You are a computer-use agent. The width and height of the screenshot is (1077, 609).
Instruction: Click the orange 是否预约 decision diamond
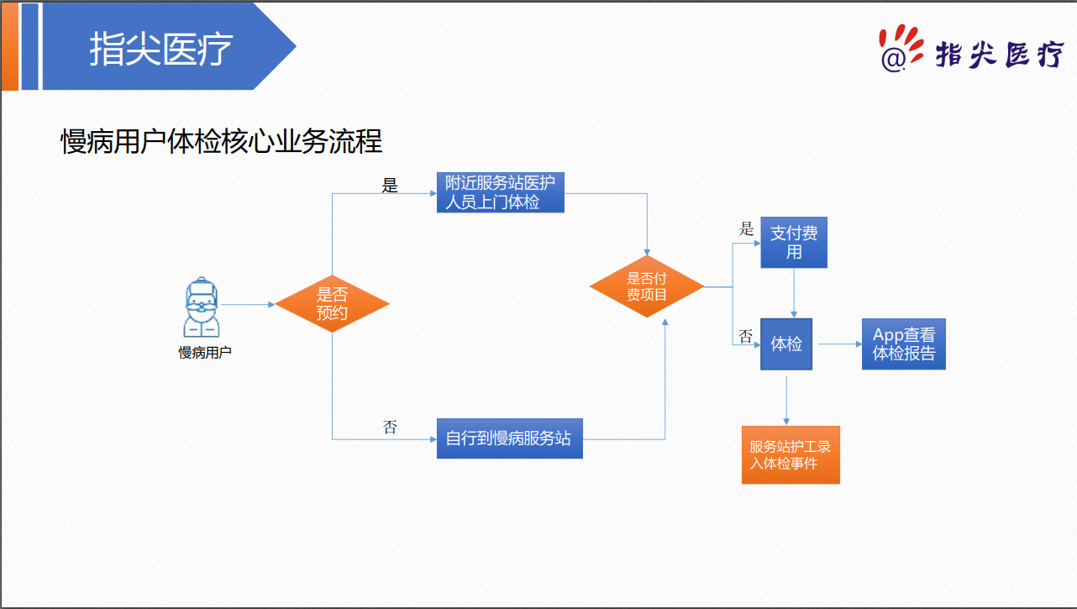click(x=332, y=304)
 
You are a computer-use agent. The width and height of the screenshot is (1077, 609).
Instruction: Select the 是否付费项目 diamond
click(x=646, y=286)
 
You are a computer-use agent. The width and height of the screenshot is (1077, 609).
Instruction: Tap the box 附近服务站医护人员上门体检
click(x=500, y=192)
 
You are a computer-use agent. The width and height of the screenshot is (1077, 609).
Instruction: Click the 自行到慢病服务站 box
click(x=509, y=438)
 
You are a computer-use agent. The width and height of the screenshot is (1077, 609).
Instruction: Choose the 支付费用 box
click(x=794, y=243)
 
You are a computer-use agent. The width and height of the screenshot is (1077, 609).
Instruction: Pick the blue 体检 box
click(x=786, y=344)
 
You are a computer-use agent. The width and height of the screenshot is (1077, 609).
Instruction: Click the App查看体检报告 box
click(x=903, y=344)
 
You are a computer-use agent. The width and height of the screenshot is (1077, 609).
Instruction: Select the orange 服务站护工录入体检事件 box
click(x=791, y=455)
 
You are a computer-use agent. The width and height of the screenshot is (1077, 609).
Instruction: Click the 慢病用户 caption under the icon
click(x=205, y=353)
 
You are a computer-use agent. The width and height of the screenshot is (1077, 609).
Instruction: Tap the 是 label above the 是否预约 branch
click(x=390, y=186)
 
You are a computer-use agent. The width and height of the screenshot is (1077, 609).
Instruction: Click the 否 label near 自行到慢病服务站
click(x=390, y=427)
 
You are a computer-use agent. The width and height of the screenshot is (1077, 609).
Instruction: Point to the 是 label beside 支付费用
click(x=746, y=228)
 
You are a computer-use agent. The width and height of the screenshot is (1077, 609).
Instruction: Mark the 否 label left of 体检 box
click(x=745, y=336)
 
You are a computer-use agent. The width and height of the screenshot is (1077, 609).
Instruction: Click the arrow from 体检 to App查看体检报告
click(x=839, y=344)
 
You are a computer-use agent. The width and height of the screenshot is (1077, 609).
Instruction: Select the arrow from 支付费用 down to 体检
click(x=794, y=293)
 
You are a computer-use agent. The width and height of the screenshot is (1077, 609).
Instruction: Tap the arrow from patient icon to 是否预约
click(x=247, y=304)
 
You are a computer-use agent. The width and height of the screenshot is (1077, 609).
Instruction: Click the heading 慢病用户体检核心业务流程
click(x=222, y=141)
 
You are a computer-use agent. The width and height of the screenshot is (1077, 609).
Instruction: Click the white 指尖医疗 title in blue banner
click(x=160, y=49)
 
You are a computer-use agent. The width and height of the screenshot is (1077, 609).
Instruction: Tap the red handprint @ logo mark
click(x=900, y=47)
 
